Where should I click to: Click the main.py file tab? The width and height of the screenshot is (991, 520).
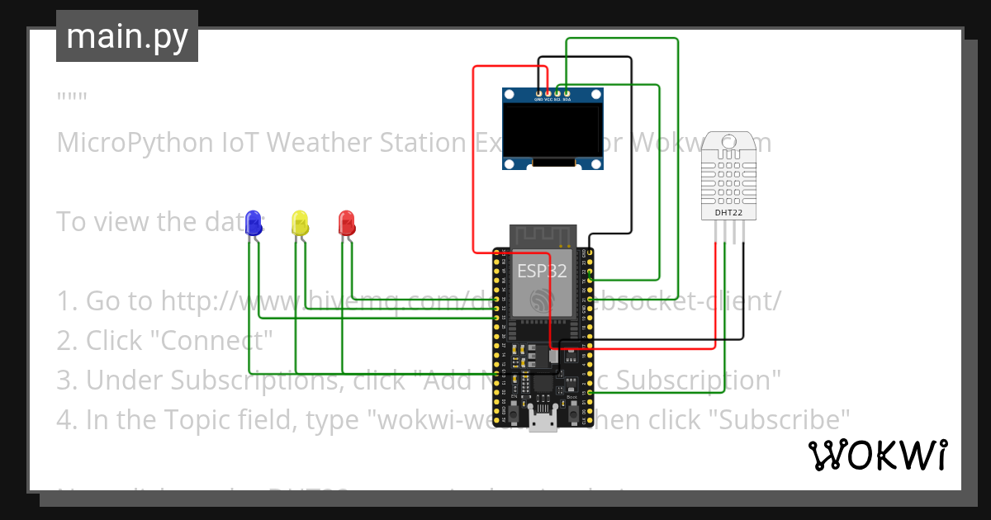tap(126, 36)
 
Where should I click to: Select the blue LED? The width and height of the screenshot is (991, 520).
tap(254, 222)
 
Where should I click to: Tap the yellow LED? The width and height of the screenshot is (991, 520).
tap(301, 222)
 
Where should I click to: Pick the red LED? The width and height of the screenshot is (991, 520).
tap(347, 222)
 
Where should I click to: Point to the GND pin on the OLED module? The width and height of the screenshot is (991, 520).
tap(538, 93)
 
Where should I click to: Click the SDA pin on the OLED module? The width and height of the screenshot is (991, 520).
tap(567, 93)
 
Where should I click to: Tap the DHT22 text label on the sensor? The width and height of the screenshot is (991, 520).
tap(728, 214)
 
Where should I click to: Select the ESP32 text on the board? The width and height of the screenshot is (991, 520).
tap(542, 271)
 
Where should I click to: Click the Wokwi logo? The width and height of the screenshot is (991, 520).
tap(877, 456)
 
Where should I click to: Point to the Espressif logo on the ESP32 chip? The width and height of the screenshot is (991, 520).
tap(542, 300)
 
